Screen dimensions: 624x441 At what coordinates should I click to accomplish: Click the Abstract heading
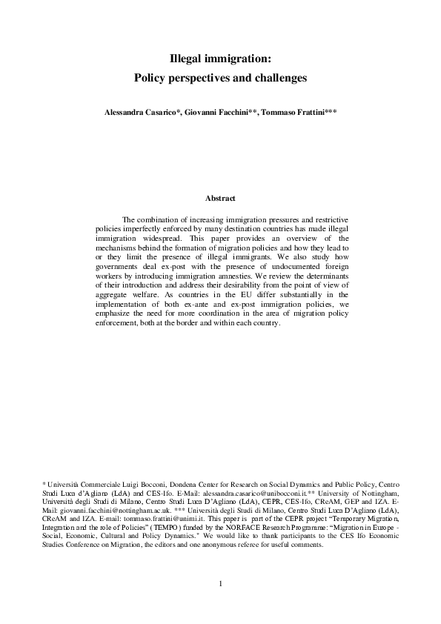click(x=220, y=198)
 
